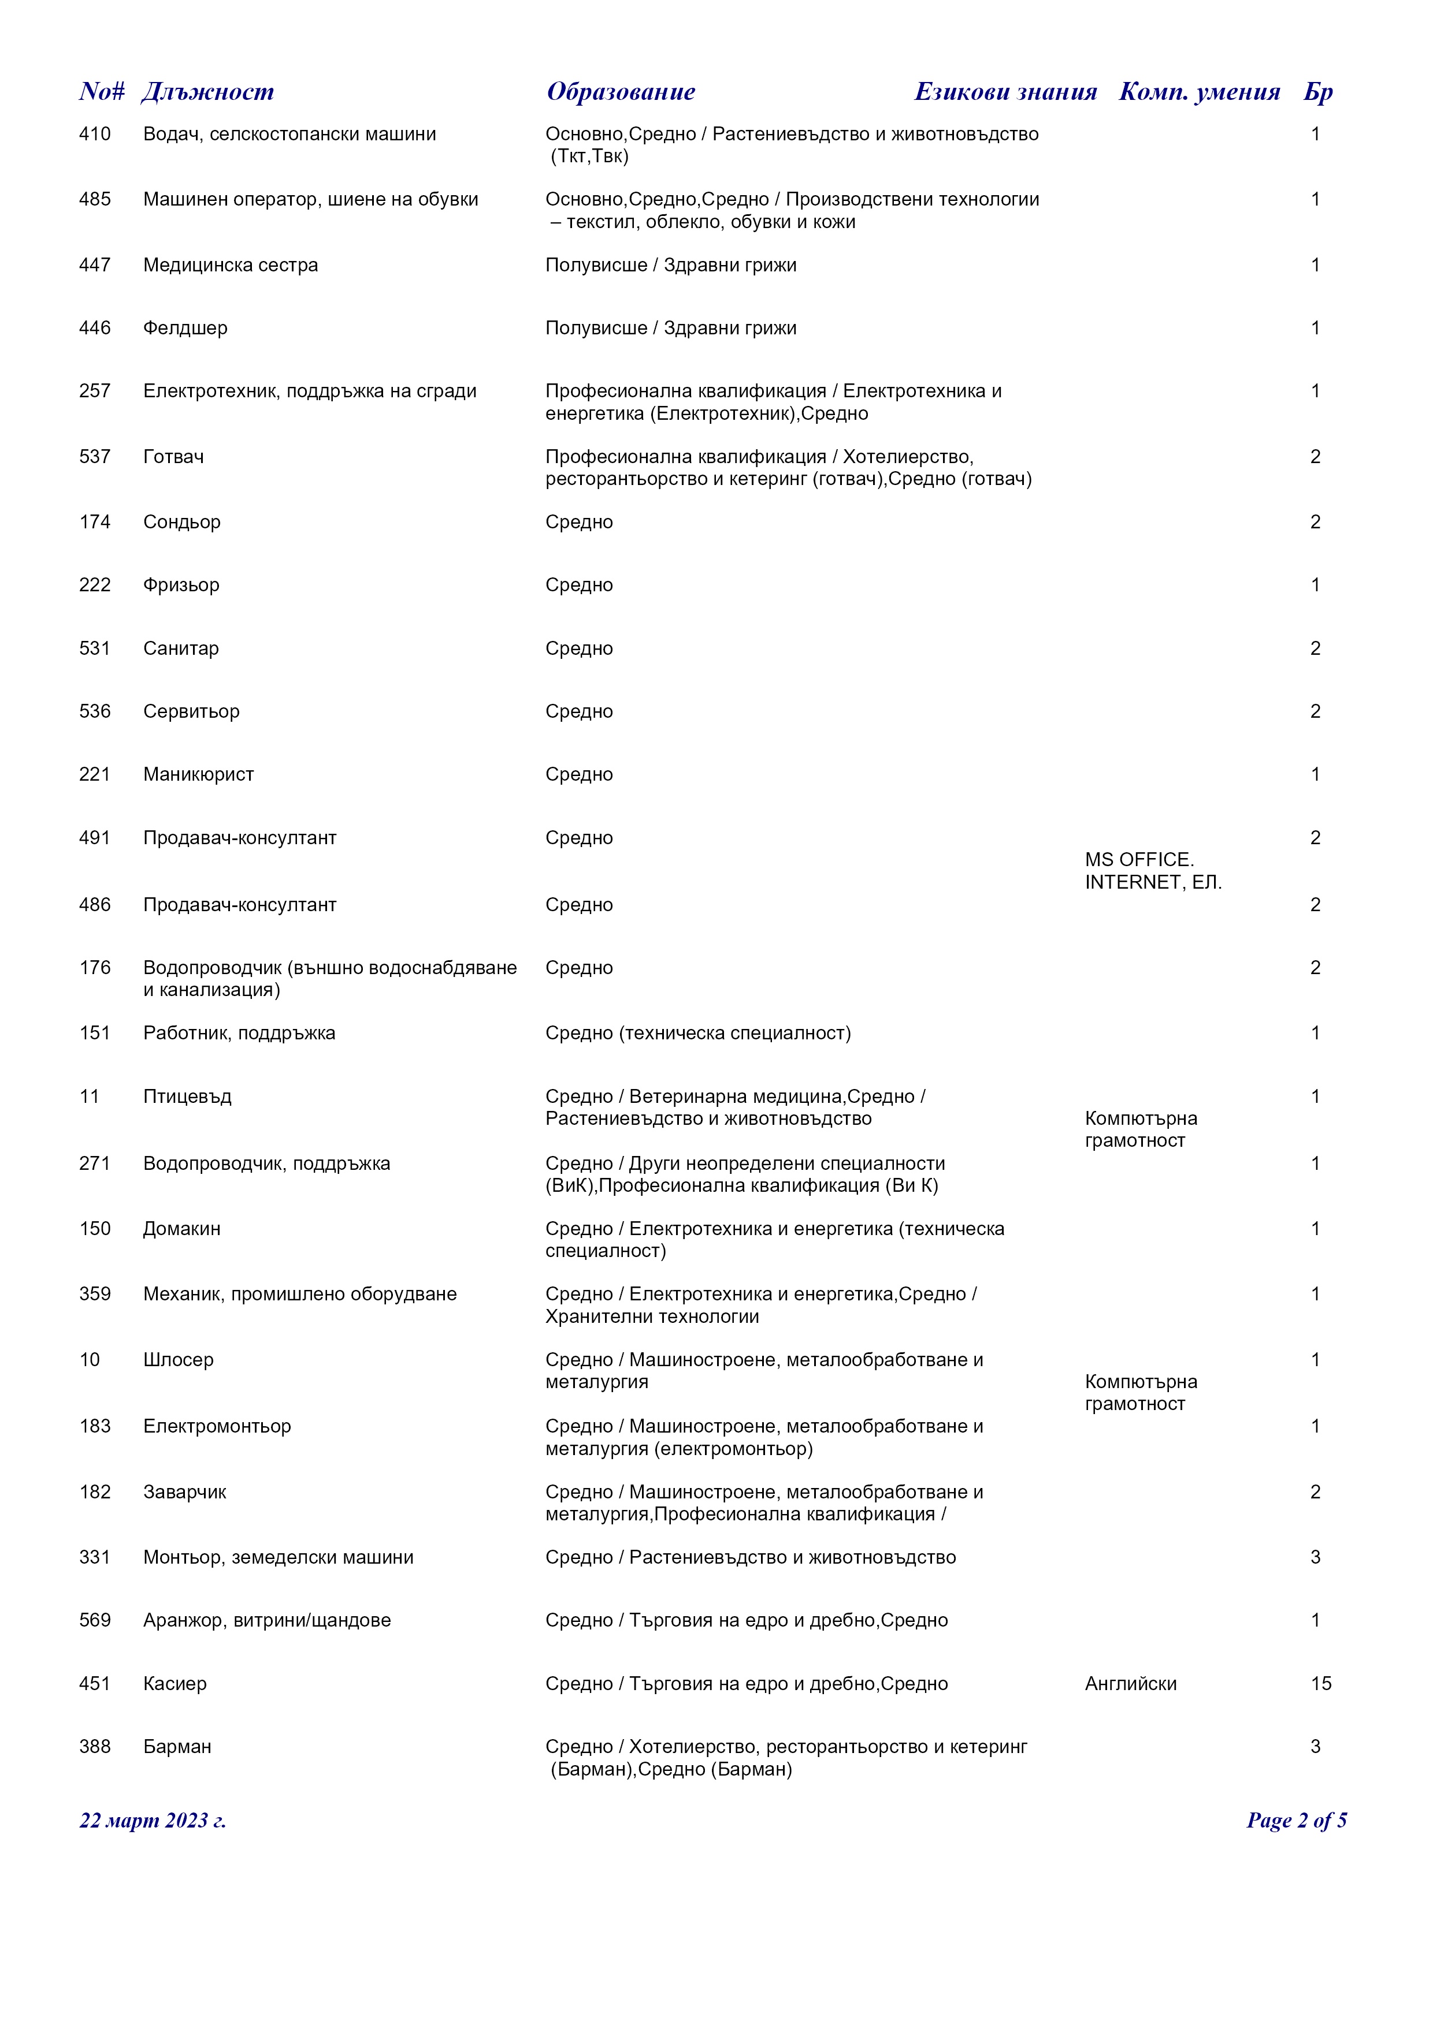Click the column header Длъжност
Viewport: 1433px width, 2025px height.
207,92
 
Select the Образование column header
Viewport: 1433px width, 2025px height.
621,92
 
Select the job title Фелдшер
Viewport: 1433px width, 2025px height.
185,328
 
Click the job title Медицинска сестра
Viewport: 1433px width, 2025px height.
231,266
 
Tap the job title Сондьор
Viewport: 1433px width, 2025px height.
182,522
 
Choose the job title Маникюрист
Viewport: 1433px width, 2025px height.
199,774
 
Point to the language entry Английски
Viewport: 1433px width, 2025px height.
1130,1684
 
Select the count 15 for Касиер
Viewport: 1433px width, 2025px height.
1320,1684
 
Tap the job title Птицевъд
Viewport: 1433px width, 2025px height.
187,1097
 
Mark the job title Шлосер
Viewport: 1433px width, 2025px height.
178,1360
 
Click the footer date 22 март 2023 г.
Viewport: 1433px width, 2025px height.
153,1821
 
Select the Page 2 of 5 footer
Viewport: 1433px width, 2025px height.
1295,1821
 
